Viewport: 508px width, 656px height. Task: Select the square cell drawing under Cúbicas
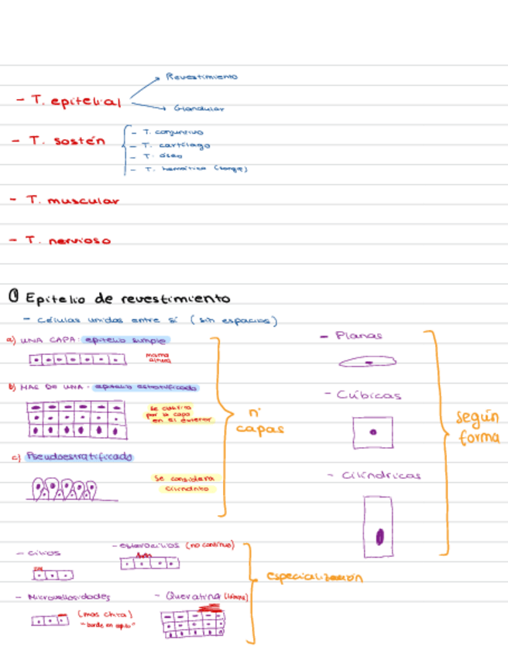tap(372, 432)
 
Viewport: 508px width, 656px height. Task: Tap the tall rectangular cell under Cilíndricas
tap(379, 526)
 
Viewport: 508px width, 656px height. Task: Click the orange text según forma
tap(477, 428)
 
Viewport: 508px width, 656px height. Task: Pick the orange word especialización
tap(314, 577)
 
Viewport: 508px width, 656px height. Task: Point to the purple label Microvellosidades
tap(69, 597)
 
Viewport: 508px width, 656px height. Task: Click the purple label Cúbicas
tap(369, 395)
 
